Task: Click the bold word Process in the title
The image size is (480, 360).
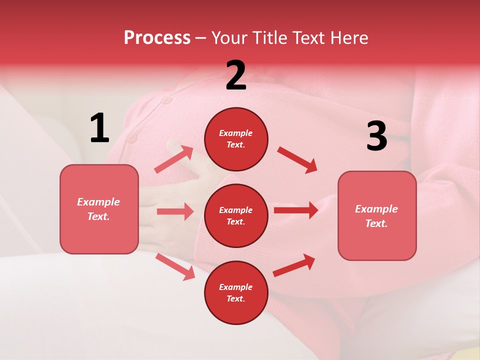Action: pos(157,38)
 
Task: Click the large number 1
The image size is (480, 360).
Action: pos(99,128)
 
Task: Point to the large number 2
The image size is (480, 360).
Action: pos(236,75)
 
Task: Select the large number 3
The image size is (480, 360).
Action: pos(376,136)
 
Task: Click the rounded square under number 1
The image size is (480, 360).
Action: pos(99,209)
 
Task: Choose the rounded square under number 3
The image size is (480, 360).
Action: pos(377,215)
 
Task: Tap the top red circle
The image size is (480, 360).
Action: pos(236,139)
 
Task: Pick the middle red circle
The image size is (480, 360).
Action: pos(236,215)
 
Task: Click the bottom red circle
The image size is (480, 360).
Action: pos(236,292)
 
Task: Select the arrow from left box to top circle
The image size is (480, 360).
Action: pos(174,159)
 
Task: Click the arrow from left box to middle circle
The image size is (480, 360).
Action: pos(175,211)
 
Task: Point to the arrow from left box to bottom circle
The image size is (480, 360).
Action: pos(175,266)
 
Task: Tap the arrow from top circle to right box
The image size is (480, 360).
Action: pos(297,160)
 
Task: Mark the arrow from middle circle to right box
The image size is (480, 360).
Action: pos(296,210)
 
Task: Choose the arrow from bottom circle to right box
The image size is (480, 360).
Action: pos(294,265)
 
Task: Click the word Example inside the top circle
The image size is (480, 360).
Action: pos(236,133)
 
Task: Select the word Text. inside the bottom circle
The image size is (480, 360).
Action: pos(236,298)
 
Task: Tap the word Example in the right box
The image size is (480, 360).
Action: pos(376,209)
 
